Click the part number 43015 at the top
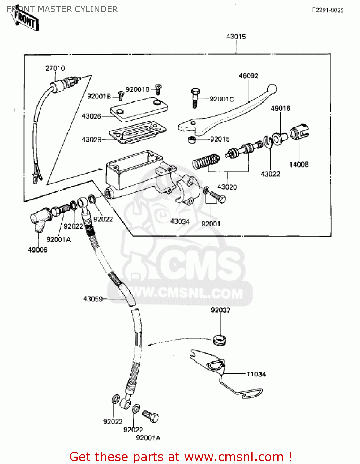236,37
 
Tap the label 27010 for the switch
55,68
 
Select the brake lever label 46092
248,76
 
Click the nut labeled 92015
191,140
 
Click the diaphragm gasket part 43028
138,132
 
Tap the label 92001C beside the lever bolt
221,99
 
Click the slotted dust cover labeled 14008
300,131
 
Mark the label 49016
281,109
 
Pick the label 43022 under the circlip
270,174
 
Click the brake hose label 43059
92,299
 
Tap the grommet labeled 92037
220,340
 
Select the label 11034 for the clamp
256,374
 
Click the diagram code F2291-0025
328,10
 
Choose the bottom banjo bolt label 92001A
148,438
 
